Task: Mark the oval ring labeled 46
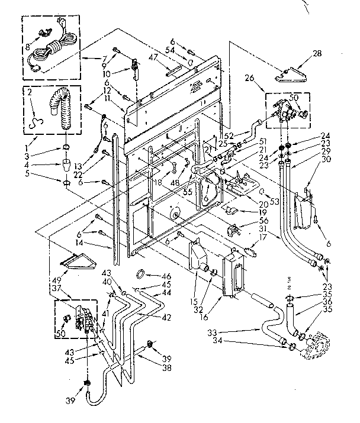pyautogui.click(x=142, y=273)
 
